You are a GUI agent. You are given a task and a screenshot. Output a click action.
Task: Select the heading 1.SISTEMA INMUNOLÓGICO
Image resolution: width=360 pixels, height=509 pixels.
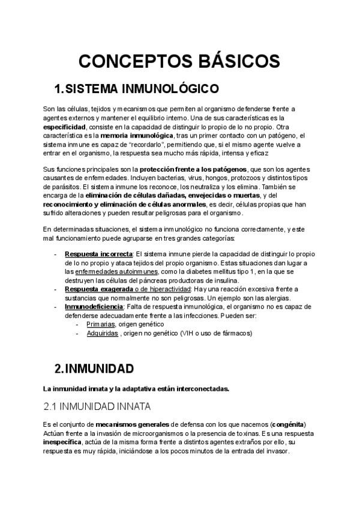136,89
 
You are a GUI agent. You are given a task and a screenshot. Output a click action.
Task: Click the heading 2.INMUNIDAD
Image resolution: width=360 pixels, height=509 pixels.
94,367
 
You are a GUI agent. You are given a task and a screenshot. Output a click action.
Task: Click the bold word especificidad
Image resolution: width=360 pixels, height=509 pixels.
65,127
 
